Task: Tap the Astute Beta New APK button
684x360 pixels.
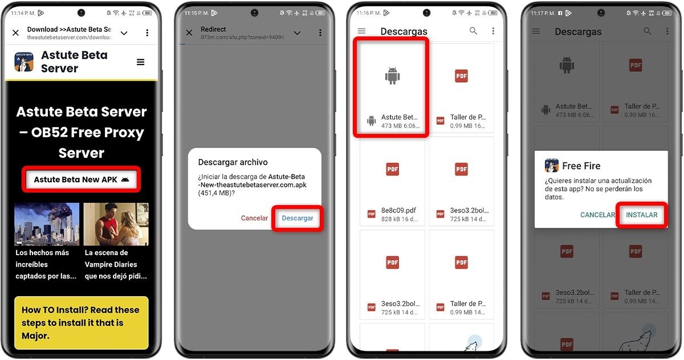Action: (81, 179)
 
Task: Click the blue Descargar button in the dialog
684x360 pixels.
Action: (298, 218)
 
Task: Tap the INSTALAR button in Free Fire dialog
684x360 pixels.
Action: (641, 215)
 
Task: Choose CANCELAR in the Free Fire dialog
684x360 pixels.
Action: (597, 215)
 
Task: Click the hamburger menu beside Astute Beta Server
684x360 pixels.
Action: (140, 62)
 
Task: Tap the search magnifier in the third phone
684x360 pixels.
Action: (473, 31)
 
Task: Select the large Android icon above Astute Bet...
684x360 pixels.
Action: (392, 76)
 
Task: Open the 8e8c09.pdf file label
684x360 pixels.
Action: (399, 210)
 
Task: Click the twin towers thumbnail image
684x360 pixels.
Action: (47, 224)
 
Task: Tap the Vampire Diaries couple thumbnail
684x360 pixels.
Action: (116, 224)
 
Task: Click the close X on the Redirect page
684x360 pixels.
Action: (189, 33)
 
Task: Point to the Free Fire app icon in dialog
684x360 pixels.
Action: (552, 166)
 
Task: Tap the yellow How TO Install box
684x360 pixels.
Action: (81, 322)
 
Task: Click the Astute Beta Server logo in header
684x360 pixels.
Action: (24, 62)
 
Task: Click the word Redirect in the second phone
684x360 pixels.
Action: (213, 29)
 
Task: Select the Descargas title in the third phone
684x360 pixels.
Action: (404, 32)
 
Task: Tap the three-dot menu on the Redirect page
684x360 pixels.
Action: (320, 33)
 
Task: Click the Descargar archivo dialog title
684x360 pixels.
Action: (233, 162)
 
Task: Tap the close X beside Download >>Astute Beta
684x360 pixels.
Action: (15, 33)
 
